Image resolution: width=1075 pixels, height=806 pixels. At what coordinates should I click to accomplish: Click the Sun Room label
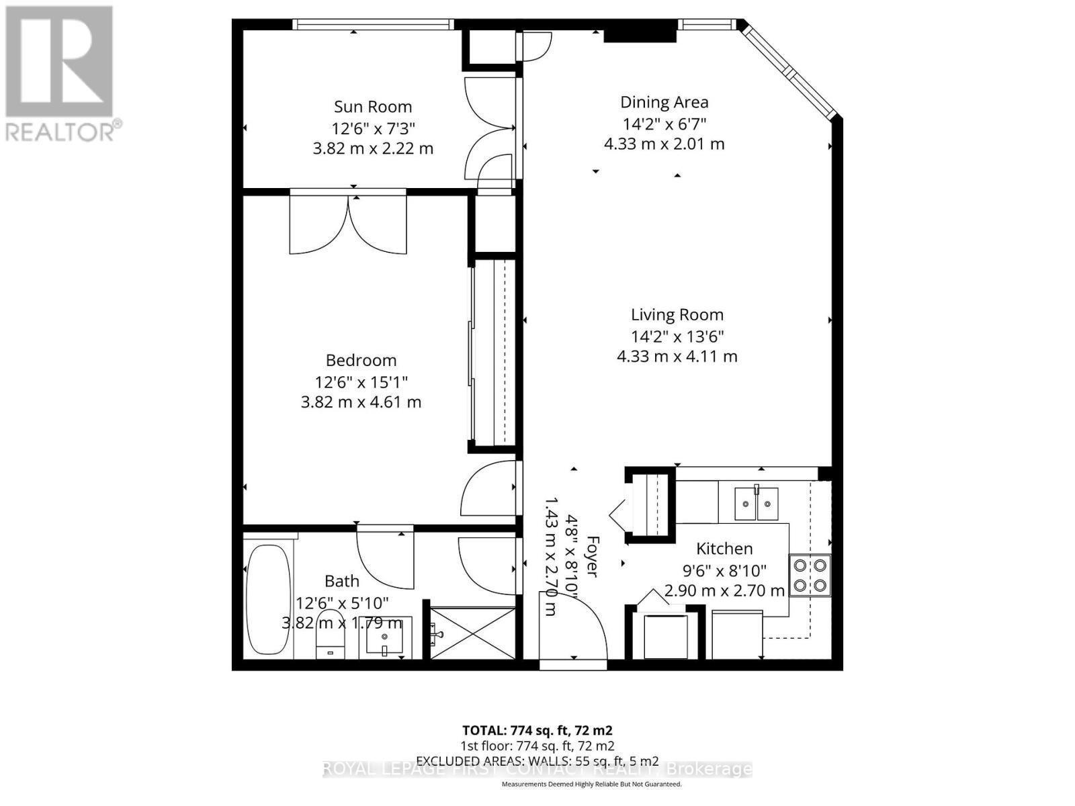click(373, 107)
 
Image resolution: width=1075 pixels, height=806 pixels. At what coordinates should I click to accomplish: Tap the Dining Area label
click(664, 102)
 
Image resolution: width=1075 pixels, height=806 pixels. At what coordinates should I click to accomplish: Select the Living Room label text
click(677, 314)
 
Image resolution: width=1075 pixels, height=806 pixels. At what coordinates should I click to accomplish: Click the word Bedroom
click(361, 360)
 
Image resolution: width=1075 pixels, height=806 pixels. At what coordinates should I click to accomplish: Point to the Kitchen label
click(724, 549)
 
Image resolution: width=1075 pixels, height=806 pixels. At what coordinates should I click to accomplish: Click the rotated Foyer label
click(592, 556)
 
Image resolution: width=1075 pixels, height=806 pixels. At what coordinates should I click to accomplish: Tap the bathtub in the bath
click(268, 599)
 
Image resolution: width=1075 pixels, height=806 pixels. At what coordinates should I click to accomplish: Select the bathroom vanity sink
click(384, 636)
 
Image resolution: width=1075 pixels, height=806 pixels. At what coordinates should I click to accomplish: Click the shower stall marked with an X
click(473, 633)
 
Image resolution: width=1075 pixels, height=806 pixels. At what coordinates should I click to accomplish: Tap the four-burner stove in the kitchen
click(810, 575)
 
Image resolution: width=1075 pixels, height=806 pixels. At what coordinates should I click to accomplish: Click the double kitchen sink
click(757, 504)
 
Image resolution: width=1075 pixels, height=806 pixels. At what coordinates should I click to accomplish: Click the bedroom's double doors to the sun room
click(348, 223)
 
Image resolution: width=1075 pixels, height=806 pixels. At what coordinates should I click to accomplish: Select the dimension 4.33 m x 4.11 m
click(677, 356)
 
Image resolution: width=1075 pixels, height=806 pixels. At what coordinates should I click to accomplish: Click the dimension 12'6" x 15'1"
click(361, 382)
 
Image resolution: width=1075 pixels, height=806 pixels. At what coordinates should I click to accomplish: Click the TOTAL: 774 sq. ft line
click(537, 730)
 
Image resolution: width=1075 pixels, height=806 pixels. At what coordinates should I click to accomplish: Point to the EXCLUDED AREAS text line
click(537, 761)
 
